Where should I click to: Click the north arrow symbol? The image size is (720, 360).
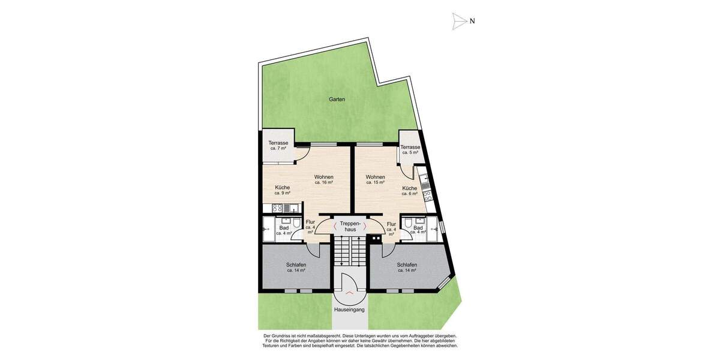(x=460, y=21)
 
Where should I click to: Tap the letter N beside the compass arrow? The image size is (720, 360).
(x=473, y=21)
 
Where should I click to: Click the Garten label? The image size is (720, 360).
(x=337, y=100)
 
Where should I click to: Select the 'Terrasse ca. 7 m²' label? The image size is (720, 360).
(x=278, y=145)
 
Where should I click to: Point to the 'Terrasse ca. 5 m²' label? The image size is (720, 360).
(x=410, y=149)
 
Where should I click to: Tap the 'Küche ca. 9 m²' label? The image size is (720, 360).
(x=283, y=190)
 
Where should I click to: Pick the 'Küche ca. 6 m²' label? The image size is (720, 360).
(x=410, y=191)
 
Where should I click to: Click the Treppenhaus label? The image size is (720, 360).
(x=349, y=226)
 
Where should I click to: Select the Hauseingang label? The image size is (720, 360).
(x=349, y=310)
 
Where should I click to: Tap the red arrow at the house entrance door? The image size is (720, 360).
(x=349, y=292)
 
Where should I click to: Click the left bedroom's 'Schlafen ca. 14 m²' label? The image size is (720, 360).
(x=296, y=267)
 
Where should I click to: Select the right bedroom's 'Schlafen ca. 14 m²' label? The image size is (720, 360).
(x=407, y=267)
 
